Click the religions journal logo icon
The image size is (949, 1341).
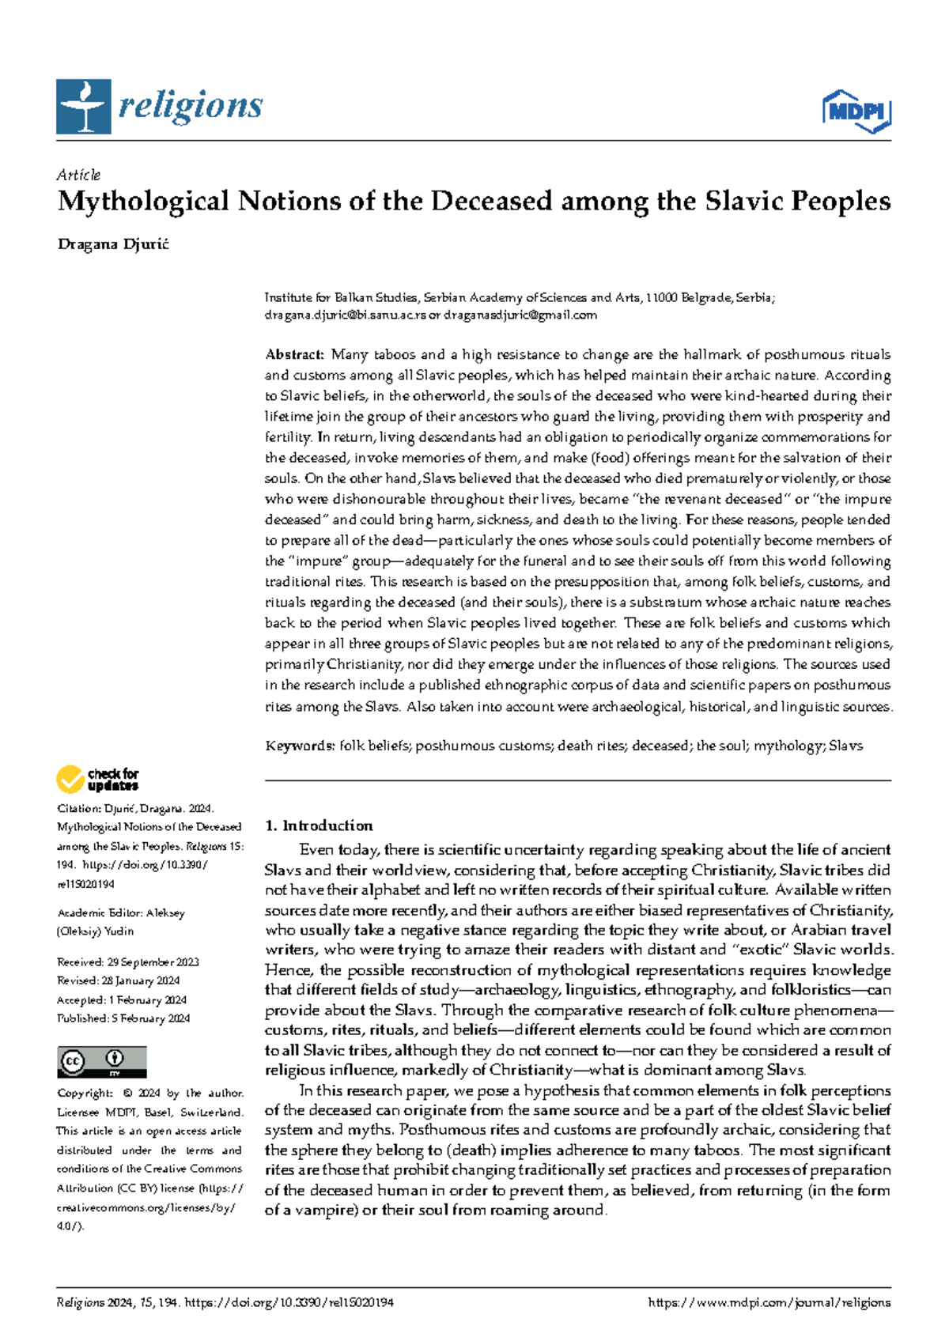[82, 107]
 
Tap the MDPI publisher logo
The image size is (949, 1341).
[856, 111]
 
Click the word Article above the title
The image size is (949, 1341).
[78, 175]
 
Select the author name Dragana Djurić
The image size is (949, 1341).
[113, 244]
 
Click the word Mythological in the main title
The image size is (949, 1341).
[143, 202]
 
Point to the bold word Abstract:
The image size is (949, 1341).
[294, 354]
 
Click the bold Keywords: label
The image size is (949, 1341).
[300, 746]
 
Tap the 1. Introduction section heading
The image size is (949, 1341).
[319, 825]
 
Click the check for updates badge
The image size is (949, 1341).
[97, 780]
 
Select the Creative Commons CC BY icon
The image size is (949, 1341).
[102, 1062]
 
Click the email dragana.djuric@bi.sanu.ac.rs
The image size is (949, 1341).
[345, 315]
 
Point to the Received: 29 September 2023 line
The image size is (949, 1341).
[127, 962]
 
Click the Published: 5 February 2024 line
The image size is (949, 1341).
[123, 1018]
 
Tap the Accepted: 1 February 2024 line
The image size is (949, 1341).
[123, 1000]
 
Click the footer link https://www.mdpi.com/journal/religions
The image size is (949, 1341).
[769, 1303]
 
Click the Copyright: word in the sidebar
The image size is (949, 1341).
[85, 1094]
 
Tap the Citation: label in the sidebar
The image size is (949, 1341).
[78, 809]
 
